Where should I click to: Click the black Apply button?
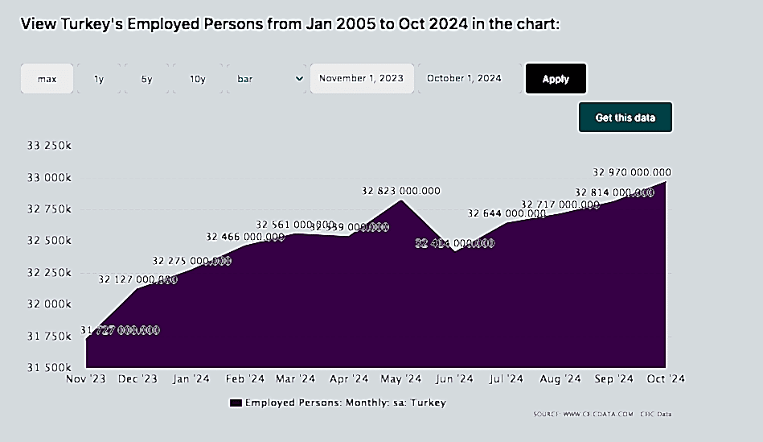point(556,79)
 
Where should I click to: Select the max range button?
point(47,79)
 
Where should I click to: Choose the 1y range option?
point(99,79)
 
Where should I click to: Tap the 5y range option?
point(147,79)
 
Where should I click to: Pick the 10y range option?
point(198,79)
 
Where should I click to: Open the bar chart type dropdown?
point(269,79)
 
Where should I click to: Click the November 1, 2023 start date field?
point(362,79)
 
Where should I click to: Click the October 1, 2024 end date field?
point(464,79)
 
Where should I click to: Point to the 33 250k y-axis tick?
point(50,146)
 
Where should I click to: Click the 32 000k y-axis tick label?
point(50,304)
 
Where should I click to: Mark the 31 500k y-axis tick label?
point(50,368)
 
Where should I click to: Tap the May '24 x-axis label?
point(401,378)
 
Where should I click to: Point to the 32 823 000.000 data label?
point(401,191)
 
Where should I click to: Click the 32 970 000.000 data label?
point(632,172)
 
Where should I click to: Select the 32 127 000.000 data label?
point(137,279)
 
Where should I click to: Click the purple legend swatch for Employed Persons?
point(236,403)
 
